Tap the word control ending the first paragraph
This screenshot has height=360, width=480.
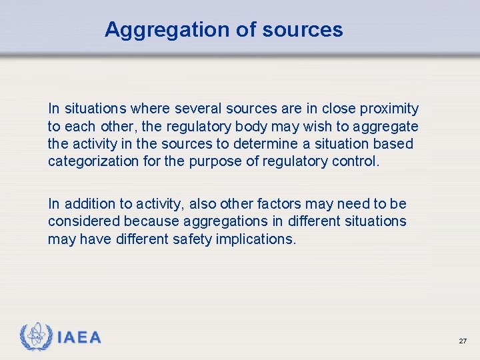[x=356, y=161]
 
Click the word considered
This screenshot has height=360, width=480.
[x=81, y=221]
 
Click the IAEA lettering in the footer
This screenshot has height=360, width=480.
[x=79, y=338]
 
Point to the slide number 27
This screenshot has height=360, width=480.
[x=463, y=341]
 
